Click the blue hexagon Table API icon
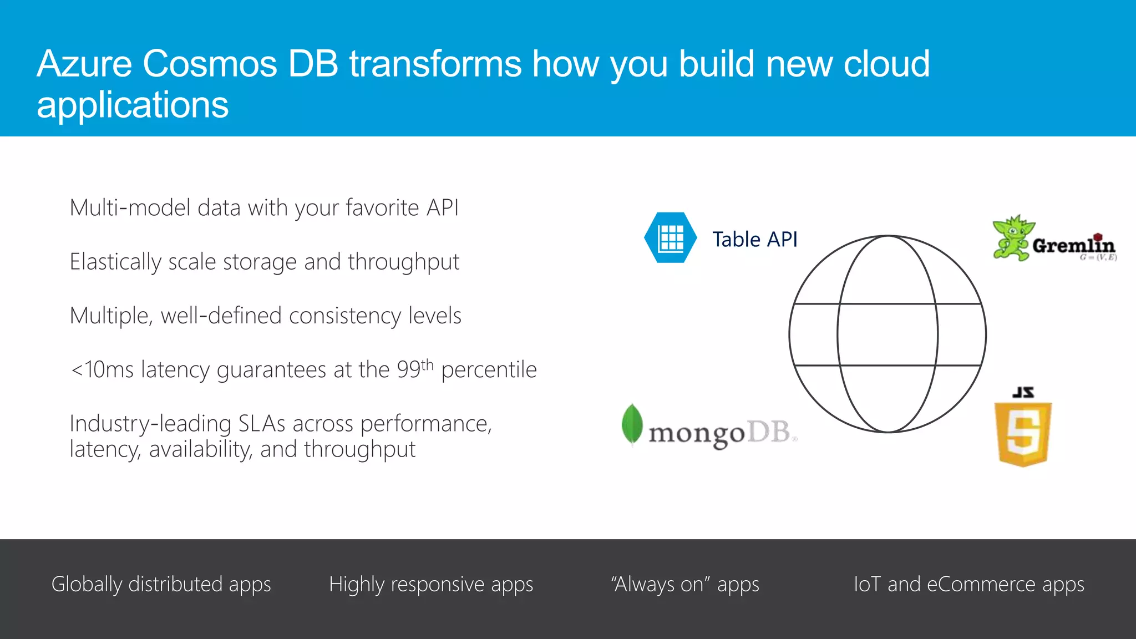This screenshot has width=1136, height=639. [670, 238]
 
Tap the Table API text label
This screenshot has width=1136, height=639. [754, 240]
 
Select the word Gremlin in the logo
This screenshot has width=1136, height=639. [1073, 245]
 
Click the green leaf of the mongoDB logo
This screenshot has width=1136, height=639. [632, 424]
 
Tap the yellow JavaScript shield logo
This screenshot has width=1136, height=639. [1023, 433]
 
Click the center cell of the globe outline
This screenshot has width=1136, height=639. [887, 334]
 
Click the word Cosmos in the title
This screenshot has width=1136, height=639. [210, 64]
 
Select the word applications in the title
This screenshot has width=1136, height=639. [133, 105]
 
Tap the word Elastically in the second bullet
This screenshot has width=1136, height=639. [115, 262]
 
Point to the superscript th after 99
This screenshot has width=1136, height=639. [427, 364]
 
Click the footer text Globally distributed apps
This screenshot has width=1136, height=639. [161, 585]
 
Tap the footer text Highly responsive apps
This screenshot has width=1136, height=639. [430, 585]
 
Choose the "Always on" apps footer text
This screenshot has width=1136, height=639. [684, 585]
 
